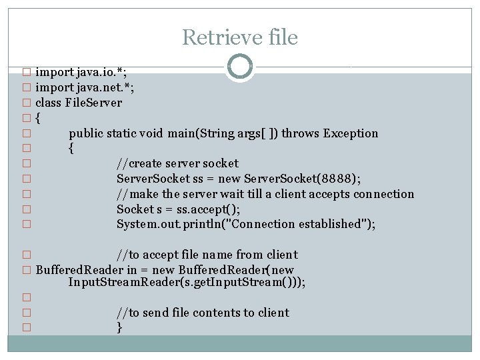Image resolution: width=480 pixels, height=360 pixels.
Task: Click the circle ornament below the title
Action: [x=239, y=67]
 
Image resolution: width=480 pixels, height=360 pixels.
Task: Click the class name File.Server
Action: [x=93, y=102]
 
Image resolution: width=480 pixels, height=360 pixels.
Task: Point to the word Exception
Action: [x=351, y=133]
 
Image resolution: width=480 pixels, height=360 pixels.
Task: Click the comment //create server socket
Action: [x=177, y=163]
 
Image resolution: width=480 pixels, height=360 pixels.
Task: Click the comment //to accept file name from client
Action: [x=207, y=254]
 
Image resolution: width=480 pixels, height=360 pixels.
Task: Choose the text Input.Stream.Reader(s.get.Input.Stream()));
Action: [x=187, y=282]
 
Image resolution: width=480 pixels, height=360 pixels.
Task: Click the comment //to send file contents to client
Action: [x=203, y=313]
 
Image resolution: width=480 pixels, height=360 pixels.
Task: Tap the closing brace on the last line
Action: [x=119, y=327]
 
